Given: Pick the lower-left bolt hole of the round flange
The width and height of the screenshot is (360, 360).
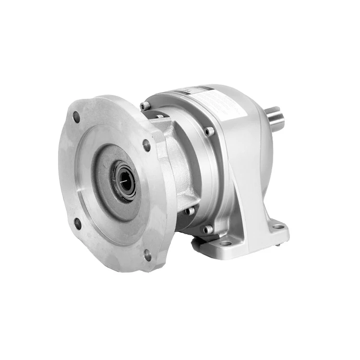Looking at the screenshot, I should coord(78,223).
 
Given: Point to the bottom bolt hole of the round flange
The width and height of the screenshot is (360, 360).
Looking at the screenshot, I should coord(148,254).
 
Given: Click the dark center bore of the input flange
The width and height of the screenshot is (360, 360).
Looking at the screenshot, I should coord(126,181).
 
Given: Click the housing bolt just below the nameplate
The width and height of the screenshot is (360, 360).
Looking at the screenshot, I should coord(208,131).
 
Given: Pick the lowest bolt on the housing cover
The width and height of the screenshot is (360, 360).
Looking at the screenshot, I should coord(207,229).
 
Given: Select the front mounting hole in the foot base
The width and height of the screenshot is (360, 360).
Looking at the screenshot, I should coord(224,243).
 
